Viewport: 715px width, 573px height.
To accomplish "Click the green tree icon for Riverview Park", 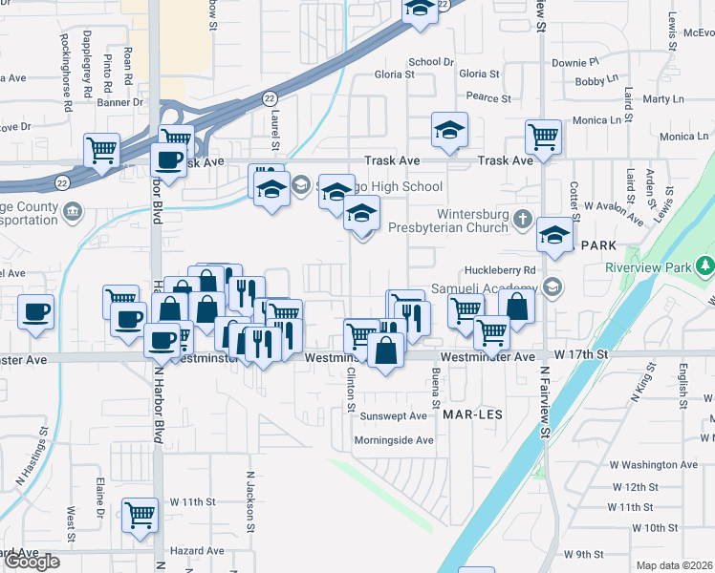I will (x=705, y=265).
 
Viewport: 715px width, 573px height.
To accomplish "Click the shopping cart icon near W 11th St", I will (x=141, y=516).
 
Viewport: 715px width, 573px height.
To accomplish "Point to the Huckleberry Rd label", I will (x=499, y=270).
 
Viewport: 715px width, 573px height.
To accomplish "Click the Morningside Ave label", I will (x=393, y=440).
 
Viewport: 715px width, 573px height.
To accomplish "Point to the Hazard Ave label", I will (x=196, y=551).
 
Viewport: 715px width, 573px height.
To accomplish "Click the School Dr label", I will (x=430, y=62).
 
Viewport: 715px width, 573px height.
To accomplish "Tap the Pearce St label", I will (x=488, y=97).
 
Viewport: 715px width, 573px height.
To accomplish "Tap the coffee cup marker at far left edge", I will (x=36, y=312).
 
